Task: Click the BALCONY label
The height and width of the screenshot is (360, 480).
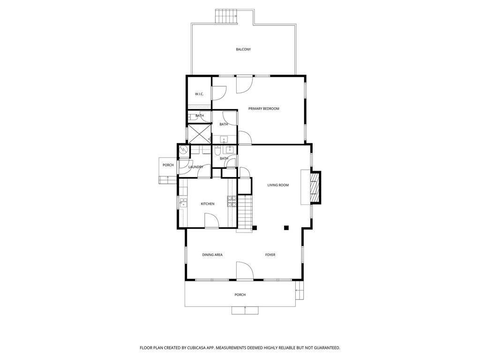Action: (x=243, y=49)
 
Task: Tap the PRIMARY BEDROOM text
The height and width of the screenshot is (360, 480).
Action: (x=263, y=109)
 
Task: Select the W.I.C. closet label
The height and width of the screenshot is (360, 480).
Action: (x=199, y=94)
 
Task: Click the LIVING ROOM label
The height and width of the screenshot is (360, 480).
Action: (x=278, y=185)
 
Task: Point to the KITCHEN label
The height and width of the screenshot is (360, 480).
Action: (x=208, y=204)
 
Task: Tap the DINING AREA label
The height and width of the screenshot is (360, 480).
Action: (x=212, y=255)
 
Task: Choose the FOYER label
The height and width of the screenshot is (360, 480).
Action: (x=270, y=255)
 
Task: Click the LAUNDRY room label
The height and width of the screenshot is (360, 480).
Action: (x=195, y=167)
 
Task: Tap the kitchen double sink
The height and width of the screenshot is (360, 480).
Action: (x=184, y=202)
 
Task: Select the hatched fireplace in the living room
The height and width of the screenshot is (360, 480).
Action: (x=315, y=187)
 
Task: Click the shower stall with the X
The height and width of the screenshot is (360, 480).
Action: (x=199, y=134)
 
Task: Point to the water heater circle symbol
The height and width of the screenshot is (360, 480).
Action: (x=184, y=150)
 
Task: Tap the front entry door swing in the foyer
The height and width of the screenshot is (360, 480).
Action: (x=245, y=270)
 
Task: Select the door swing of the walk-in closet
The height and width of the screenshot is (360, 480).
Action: (x=219, y=93)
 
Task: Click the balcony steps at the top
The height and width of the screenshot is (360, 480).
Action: (x=226, y=16)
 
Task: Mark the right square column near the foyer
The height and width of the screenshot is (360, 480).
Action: (x=286, y=227)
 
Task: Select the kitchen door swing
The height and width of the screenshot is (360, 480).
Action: (x=211, y=220)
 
